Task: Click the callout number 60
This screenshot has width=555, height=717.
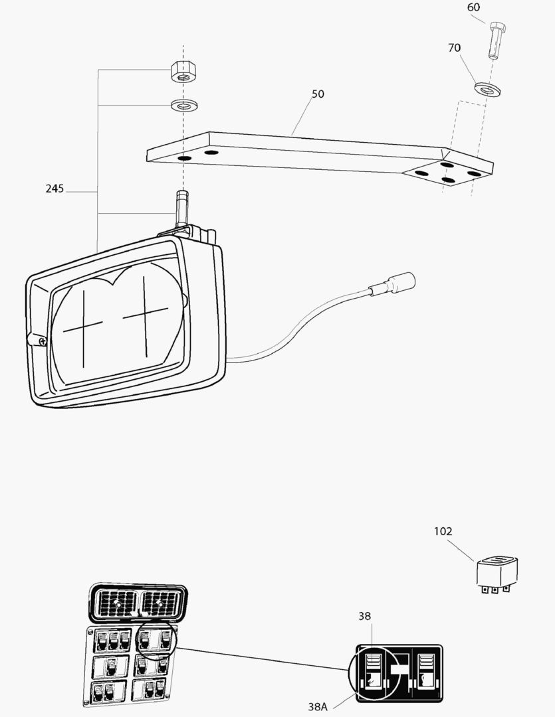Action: [473, 7]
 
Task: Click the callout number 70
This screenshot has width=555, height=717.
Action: [454, 48]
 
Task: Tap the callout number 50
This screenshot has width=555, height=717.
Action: [318, 94]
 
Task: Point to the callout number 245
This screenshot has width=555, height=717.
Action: [55, 189]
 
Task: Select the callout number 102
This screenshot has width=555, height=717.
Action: [443, 531]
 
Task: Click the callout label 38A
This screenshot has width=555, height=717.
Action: [318, 706]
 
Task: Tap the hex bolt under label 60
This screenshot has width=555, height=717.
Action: [496, 40]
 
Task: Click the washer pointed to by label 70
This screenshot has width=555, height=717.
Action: [487, 89]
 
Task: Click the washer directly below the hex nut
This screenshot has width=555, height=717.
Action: [184, 105]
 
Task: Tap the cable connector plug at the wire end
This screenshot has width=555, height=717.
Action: [393, 284]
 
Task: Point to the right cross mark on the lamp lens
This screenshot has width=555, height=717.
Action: [145, 315]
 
